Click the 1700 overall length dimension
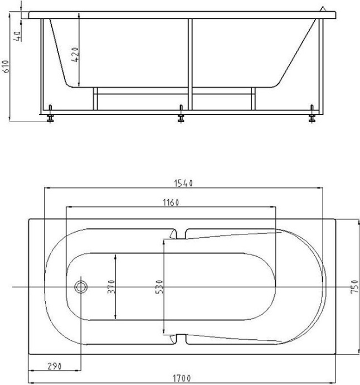tap(181, 378)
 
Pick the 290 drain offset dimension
tap(53, 366)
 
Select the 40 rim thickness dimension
tap(18, 37)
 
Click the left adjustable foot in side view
tap(50, 116)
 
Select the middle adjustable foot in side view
tap(181, 116)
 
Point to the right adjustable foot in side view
tap(312, 116)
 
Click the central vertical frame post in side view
tap(190, 64)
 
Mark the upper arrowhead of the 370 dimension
tap(115, 256)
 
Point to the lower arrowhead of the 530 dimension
tap(164, 331)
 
